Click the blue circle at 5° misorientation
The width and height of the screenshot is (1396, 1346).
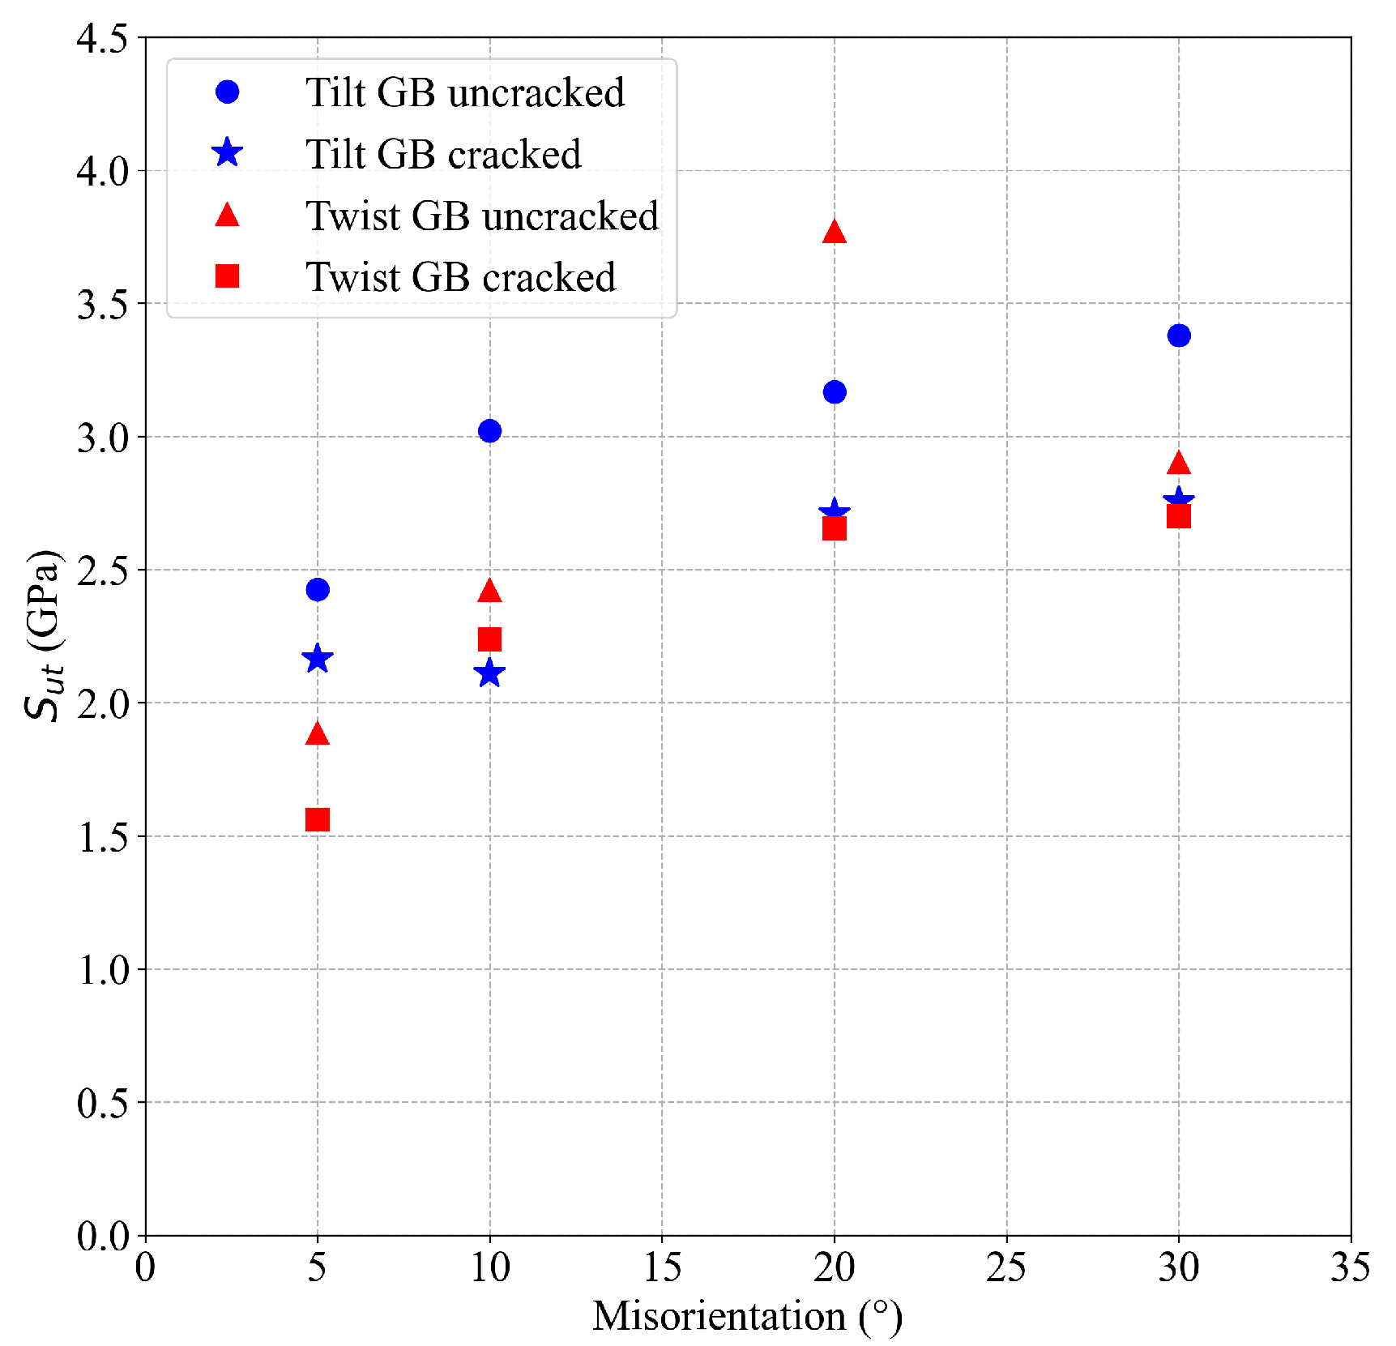click(318, 589)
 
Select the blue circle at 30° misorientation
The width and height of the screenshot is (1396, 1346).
click(1179, 335)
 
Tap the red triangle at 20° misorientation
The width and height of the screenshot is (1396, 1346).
click(835, 233)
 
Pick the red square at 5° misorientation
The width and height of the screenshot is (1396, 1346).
click(318, 819)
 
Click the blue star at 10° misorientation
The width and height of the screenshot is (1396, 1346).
click(489, 673)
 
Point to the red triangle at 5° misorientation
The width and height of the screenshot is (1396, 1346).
click(318, 734)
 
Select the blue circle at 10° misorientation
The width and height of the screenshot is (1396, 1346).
click(489, 430)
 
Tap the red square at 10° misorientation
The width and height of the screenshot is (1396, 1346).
click(489, 639)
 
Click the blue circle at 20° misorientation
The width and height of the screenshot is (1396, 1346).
click(835, 391)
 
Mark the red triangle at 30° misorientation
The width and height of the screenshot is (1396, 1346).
click(1179, 463)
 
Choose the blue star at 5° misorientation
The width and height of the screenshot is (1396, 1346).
click(318, 659)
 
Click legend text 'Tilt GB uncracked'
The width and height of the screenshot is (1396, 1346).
click(465, 92)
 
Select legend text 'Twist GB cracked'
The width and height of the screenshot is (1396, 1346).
click(460, 277)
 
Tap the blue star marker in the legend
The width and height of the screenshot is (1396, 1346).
click(228, 153)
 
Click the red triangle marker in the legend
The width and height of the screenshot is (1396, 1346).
click(228, 216)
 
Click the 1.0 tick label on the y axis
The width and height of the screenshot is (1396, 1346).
click(103, 970)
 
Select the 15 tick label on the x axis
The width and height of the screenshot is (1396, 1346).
click(662, 1267)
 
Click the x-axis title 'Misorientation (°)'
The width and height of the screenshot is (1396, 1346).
click(747, 1316)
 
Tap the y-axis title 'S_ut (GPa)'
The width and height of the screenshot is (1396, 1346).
click(42, 635)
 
